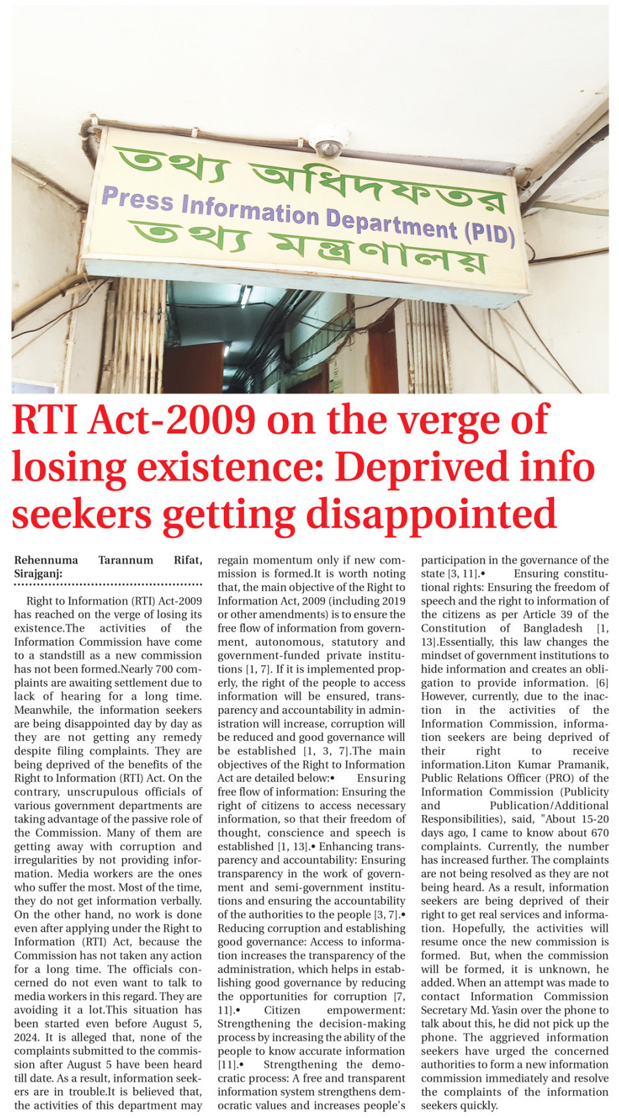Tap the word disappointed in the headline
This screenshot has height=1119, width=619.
click(x=431, y=515)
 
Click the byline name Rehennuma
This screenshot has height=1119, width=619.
click(x=46, y=560)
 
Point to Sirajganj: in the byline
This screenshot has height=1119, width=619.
click(x=38, y=574)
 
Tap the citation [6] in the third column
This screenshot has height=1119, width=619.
click(x=601, y=683)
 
